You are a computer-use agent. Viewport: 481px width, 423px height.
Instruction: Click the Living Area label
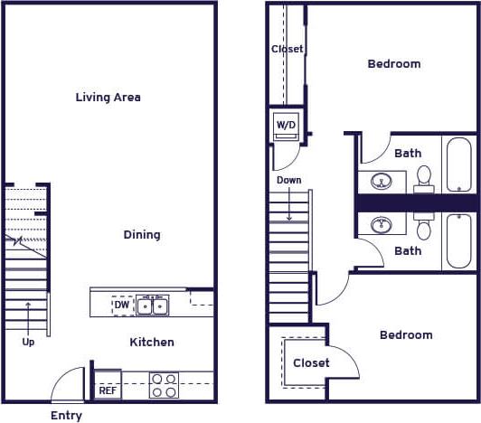pyautogui.click(x=108, y=97)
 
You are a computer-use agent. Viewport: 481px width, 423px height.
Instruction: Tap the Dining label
pyautogui.click(x=142, y=235)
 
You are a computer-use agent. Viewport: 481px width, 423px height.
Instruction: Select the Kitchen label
pyautogui.click(x=152, y=343)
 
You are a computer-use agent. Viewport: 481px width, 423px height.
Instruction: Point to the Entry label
pyautogui.click(x=66, y=416)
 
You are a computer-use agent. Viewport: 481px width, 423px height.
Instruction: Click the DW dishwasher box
pyautogui.click(x=121, y=305)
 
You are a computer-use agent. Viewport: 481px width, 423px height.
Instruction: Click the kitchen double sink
pyautogui.click(x=152, y=305)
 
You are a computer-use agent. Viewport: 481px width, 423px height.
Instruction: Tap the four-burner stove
pyautogui.click(x=164, y=386)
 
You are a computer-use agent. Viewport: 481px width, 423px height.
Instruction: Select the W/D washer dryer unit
pyautogui.click(x=286, y=125)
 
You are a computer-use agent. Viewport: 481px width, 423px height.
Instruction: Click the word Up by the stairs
pyautogui.click(x=28, y=343)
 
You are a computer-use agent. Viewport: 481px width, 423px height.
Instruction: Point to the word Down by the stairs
pyautogui.click(x=289, y=181)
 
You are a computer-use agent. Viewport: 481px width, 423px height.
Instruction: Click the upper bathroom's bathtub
pyautogui.click(x=458, y=164)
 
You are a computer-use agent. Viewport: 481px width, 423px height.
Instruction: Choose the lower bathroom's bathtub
pyautogui.click(x=458, y=240)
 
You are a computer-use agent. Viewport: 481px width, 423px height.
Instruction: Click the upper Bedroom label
pyautogui.click(x=394, y=64)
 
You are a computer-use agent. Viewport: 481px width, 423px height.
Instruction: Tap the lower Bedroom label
pyautogui.click(x=406, y=335)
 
